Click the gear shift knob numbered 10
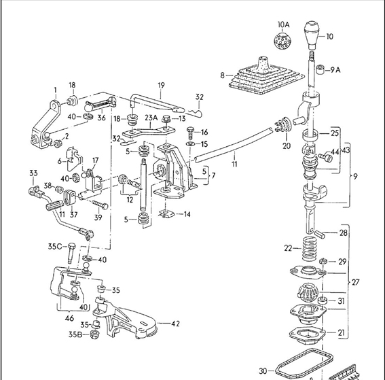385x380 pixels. (x=312, y=35)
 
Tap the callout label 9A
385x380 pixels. (x=335, y=70)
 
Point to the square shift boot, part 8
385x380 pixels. (x=265, y=77)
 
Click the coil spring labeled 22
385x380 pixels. (x=310, y=249)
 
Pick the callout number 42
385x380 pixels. (x=175, y=324)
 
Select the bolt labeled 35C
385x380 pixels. (x=71, y=254)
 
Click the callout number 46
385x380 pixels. (x=69, y=318)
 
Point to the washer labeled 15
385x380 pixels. (x=190, y=144)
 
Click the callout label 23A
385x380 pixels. (x=151, y=118)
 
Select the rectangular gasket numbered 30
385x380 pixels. (x=304, y=365)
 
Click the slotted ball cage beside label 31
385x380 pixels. (x=308, y=292)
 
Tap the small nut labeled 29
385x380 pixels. (x=323, y=261)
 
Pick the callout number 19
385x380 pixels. (x=161, y=86)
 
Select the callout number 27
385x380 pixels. (x=355, y=282)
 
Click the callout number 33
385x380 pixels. (x=33, y=173)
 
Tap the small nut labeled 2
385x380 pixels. (x=58, y=143)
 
